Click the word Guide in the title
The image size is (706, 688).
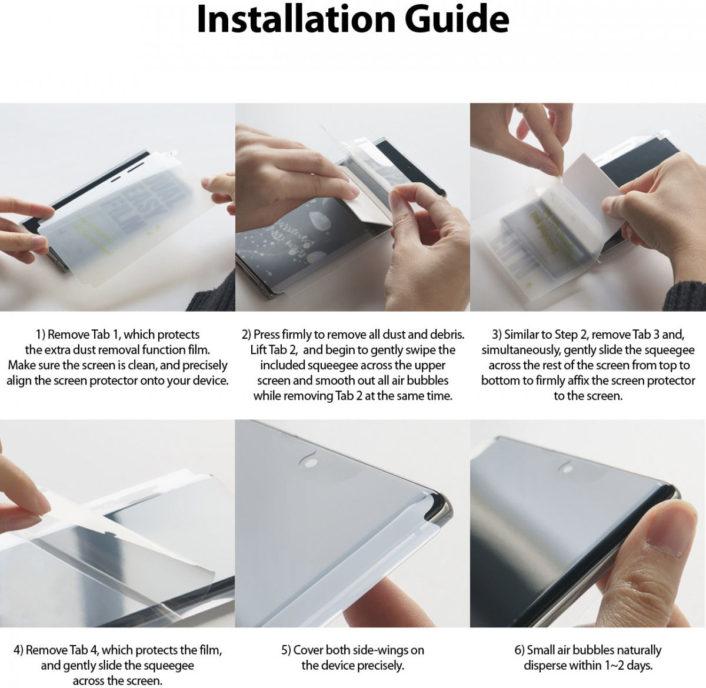(x=457, y=19)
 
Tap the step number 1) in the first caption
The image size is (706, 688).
(x=41, y=335)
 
